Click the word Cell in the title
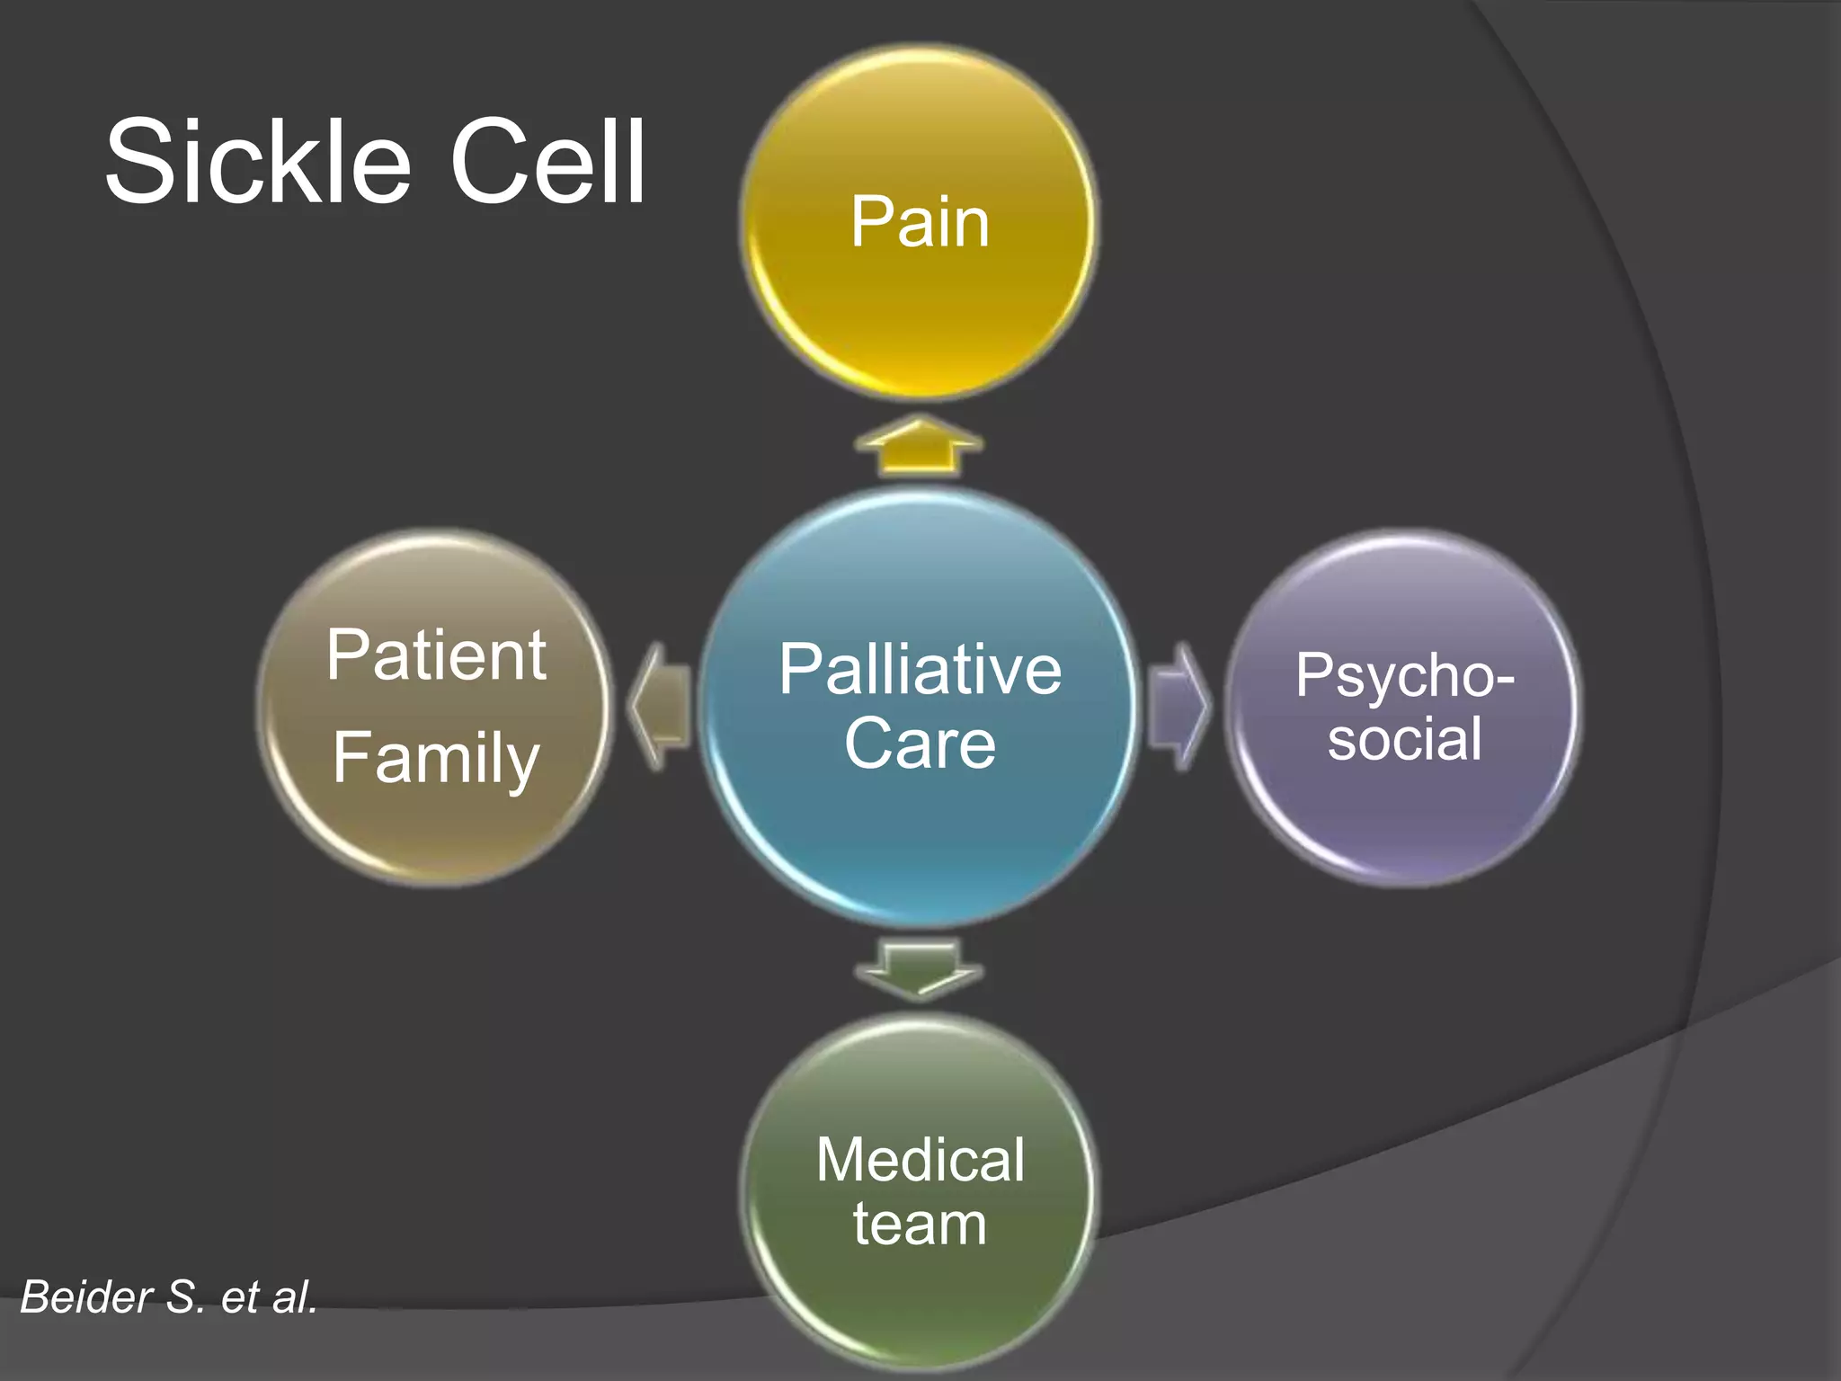(548, 163)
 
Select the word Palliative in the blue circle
(920, 670)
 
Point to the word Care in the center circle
(920, 744)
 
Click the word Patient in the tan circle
(436, 655)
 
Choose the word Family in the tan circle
(436, 758)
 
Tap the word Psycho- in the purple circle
(1404, 675)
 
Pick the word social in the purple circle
(1404, 739)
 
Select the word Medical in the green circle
(920, 1160)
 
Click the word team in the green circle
(920, 1225)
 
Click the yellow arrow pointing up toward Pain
(919, 445)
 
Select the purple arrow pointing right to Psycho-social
(1178, 707)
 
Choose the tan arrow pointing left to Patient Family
(661, 707)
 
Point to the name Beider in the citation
(86, 1297)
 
